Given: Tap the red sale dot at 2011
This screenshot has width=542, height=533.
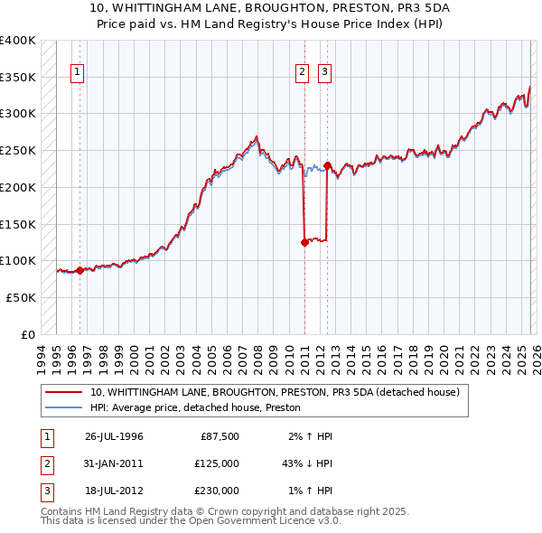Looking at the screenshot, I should click(x=304, y=242).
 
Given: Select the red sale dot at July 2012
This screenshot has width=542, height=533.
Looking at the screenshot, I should click(x=327, y=165).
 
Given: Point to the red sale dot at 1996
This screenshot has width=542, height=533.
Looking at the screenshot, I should click(x=79, y=270).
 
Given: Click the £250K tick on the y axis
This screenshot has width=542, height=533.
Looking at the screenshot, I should click(x=18, y=150).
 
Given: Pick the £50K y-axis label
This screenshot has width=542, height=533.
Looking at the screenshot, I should click(x=21, y=297).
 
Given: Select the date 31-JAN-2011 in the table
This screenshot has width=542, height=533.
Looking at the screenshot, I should click(x=114, y=463).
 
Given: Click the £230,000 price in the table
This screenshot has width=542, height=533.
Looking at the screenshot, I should click(x=217, y=491).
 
